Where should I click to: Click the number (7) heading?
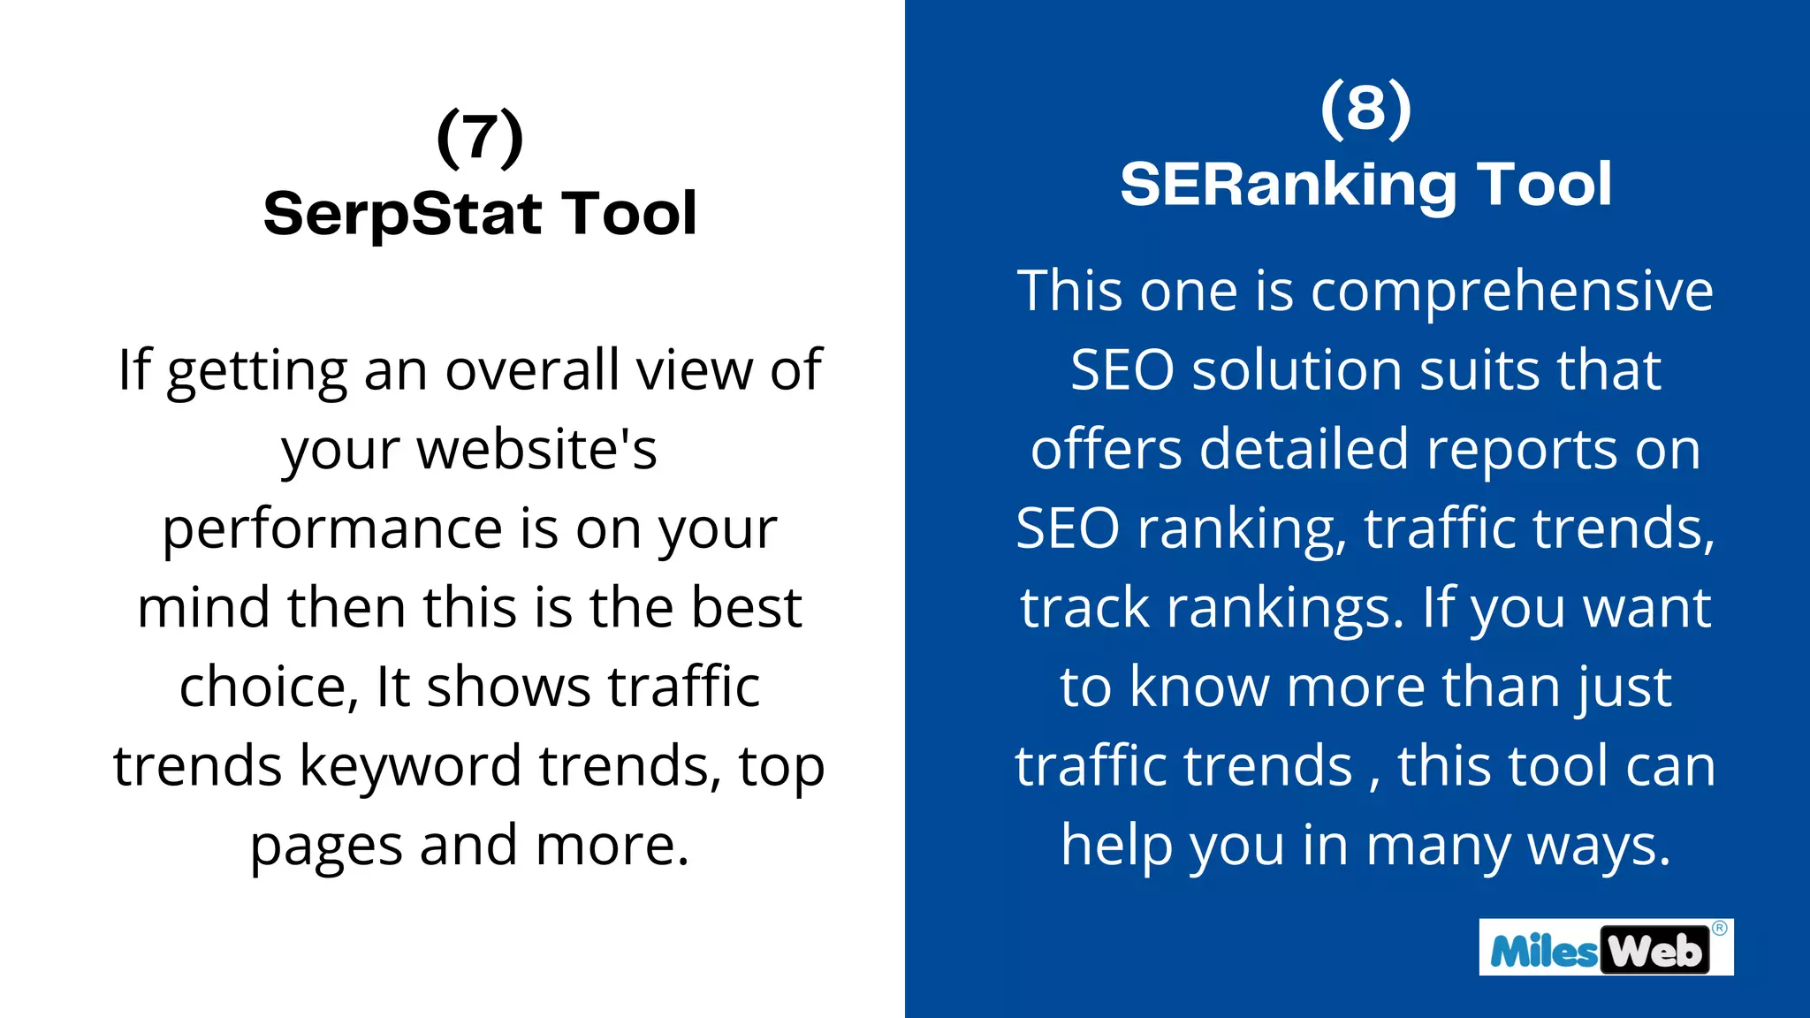(480, 137)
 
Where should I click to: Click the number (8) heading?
(1365, 108)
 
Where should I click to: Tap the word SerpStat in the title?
(402, 214)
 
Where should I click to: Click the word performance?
(332, 528)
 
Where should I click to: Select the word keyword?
(410, 765)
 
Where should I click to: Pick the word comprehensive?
(1511, 291)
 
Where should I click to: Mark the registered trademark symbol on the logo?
(1719, 928)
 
